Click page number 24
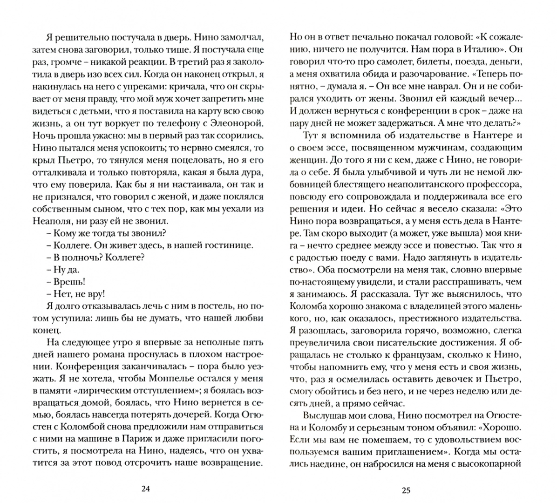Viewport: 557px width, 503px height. [145, 489]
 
